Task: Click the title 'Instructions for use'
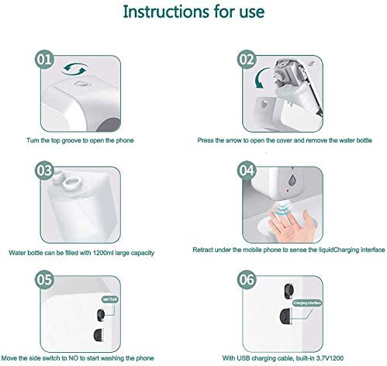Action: [194, 12]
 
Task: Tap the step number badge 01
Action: [44, 59]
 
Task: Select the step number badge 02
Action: [247, 59]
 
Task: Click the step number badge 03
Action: [44, 171]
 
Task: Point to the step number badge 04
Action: [247, 171]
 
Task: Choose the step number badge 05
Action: [44, 280]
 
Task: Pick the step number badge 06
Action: [247, 280]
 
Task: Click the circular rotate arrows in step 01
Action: [74, 69]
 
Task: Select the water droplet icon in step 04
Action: [292, 180]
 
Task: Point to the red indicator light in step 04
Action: [288, 191]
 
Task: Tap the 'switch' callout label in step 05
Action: [110, 299]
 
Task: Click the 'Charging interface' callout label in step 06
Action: [307, 302]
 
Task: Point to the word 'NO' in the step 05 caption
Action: [73, 358]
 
